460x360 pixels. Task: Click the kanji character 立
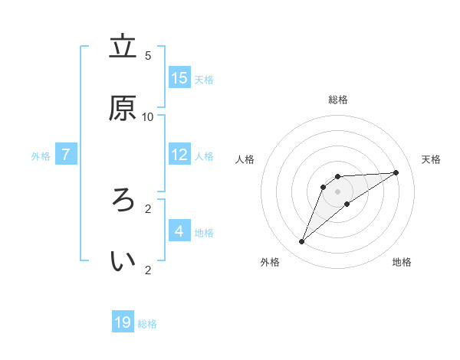pos(123,47)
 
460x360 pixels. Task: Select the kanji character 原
pos(123,108)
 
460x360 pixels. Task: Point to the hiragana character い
pos(123,261)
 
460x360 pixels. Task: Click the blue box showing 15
pos(179,78)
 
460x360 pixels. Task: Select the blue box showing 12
pos(179,155)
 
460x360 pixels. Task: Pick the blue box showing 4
pos(179,231)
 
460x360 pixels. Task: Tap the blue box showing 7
pos(66,155)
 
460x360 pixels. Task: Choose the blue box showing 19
pos(123,322)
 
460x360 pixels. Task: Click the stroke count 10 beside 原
pos(148,116)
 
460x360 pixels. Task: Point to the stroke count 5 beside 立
pos(148,55)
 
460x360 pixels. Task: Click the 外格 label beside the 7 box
pos(41,156)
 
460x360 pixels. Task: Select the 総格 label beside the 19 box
pos(147,324)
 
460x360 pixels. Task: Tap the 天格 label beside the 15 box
pos(204,80)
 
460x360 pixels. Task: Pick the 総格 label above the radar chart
pos(338,100)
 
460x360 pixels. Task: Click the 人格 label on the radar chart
pos(245,159)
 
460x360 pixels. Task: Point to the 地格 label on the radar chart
pos(402,262)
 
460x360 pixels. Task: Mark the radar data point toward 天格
pos(396,172)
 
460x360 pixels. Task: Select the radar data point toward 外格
pos(301,242)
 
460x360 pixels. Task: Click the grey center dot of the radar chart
pos(338,191)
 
